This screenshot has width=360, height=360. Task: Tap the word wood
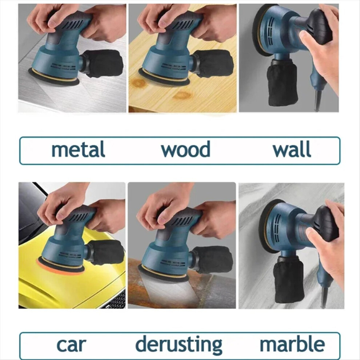click(185, 149)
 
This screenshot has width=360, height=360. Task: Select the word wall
click(292, 149)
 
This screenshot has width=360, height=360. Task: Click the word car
click(71, 345)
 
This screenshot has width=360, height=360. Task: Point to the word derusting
click(179, 345)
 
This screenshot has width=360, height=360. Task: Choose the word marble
click(292, 344)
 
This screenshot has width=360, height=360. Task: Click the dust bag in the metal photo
click(103, 63)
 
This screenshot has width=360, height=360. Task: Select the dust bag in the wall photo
click(282, 82)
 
